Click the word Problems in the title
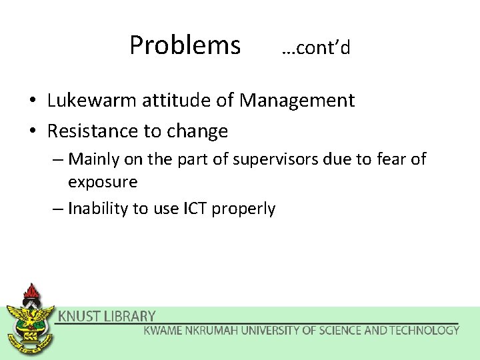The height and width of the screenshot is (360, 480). pyautogui.click(x=185, y=45)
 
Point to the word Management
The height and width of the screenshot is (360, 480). pyautogui.click(x=297, y=101)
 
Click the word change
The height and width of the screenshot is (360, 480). pyautogui.click(x=197, y=131)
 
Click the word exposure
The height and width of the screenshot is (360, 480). pyautogui.click(x=103, y=182)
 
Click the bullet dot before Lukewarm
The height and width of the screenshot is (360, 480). pyautogui.click(x=31, y=101)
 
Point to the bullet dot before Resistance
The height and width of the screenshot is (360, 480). pyautogui.click(x=31, y=132)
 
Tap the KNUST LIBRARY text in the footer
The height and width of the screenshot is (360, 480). pyautogui.click(x=107, y=317)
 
